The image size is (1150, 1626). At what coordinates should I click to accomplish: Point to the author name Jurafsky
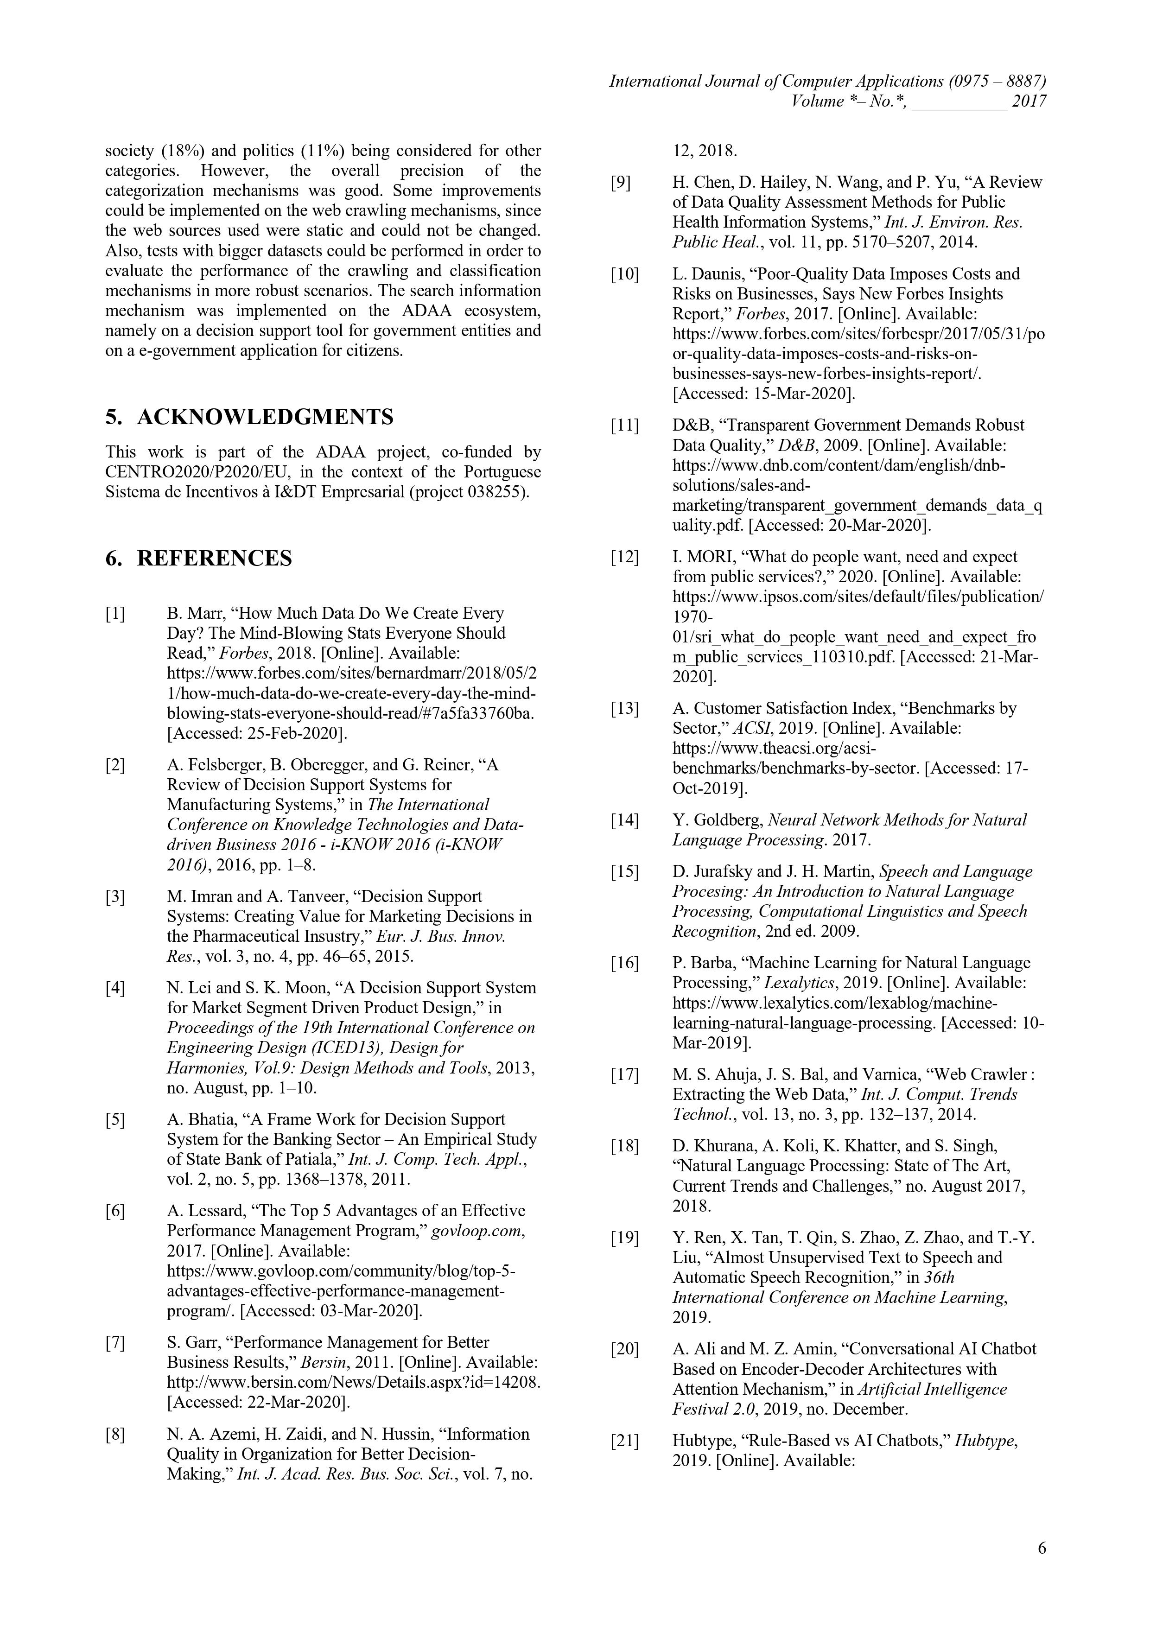click(x=718, y=872)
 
